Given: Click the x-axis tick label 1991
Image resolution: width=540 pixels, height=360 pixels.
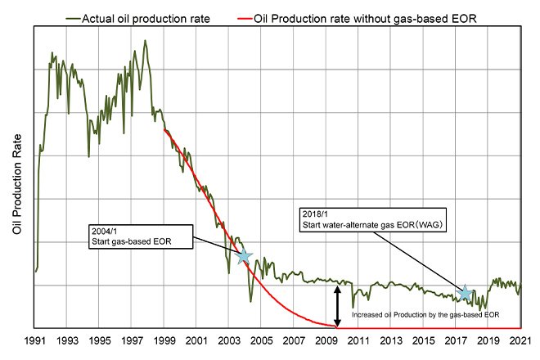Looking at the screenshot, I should click(35, 340).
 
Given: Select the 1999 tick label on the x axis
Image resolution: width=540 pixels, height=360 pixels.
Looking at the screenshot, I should click(164, 340).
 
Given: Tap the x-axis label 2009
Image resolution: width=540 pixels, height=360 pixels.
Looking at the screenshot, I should click(326, 340).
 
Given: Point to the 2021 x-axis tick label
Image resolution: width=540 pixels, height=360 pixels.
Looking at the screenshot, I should click(520, 340).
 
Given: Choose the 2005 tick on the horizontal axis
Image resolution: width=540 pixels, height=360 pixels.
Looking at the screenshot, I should click(262, 340).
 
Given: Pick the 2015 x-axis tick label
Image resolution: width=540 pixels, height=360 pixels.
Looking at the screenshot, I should click(424, 340).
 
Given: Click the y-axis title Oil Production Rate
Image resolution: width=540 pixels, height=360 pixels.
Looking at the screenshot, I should click(18, 190).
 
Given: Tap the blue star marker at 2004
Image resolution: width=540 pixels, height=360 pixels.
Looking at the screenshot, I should click(243, 256).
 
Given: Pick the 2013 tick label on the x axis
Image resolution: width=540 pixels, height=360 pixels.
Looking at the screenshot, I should click(391, 340).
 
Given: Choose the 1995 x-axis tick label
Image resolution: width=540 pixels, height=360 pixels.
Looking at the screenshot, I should click(100, 340).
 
